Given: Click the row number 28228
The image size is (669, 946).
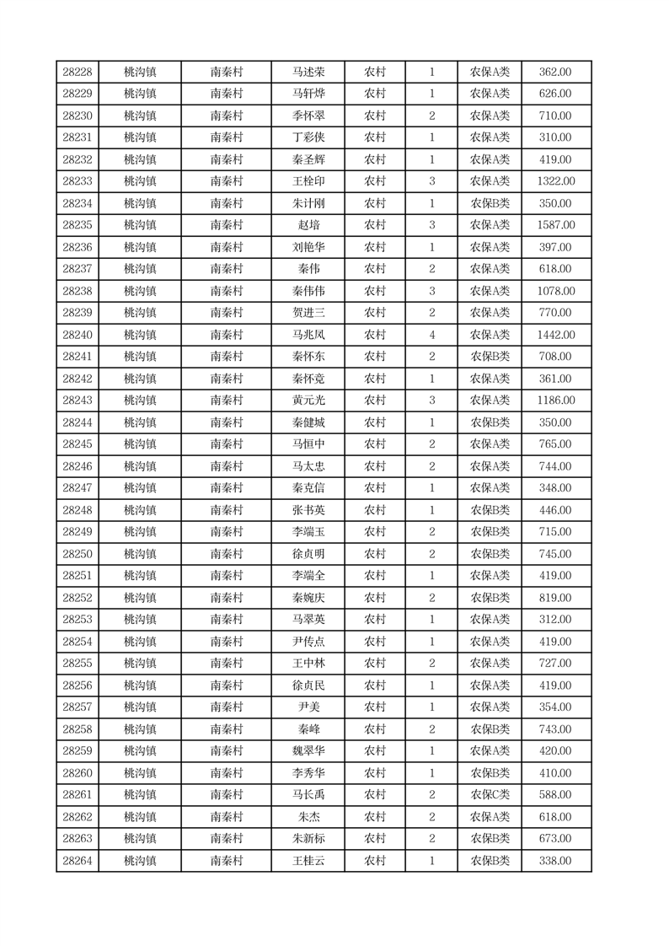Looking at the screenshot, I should pos(78,73).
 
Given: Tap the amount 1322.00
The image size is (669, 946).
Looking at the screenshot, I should pos(555,181).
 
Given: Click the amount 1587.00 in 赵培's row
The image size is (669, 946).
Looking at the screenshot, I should pos(555,225).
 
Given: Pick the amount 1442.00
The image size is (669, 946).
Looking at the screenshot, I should pos(555,335).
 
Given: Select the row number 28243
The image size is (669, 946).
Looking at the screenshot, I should pos(78,400).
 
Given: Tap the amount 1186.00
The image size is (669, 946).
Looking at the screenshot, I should pos(555,400).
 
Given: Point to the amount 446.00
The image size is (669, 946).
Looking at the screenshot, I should pos(555,510).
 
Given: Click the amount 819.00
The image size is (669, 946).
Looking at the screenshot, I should pos(555,598).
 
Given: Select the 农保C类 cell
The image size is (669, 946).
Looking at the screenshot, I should pos(490,795).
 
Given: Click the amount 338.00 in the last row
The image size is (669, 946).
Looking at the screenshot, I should pos(555,861).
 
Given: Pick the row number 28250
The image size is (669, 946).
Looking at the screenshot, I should pos(78,554).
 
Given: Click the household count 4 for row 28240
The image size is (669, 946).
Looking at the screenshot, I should pos(432,335).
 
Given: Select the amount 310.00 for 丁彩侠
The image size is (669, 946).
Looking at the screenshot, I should pos(555,137).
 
